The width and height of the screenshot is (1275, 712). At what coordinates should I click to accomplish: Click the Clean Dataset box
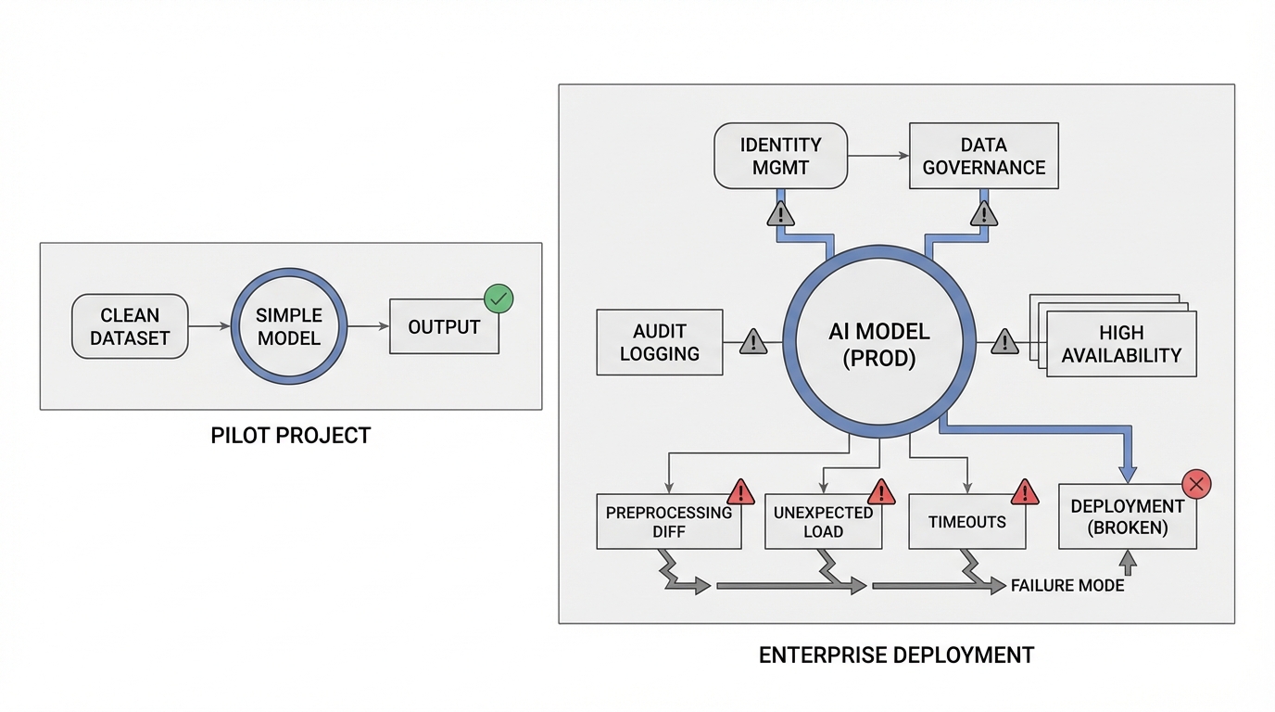click(x=130, y=327)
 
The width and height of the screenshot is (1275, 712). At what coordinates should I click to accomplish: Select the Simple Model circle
click(x=288, y=326)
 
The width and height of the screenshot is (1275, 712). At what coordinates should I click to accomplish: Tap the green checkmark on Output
click(x=499, y=299)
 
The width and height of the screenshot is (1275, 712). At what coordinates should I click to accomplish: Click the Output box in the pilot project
click(x=444, y=327)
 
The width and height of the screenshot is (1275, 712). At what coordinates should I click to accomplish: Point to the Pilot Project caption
click(x=291, y=435)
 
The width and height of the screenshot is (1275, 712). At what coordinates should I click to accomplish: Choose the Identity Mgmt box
click(x=780, y=156)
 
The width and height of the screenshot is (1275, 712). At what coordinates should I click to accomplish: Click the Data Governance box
click(x=983, y=156)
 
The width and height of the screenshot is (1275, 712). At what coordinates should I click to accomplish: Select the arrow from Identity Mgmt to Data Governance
click(x=878, y=156)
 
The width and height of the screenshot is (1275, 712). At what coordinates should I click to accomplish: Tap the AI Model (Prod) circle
click(x=878, y=345)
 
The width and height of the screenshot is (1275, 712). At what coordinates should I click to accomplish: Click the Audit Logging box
click(x=659, y=342)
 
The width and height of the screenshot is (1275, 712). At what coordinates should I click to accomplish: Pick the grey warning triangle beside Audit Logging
click(x=753, y=343)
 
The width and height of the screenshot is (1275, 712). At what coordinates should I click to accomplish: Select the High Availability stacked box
click(x=1121, y=344)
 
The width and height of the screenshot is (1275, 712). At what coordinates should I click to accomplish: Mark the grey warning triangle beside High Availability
click(x=1004, y=343)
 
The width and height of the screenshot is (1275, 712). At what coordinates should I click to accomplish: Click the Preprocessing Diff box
click(x=668, y=522)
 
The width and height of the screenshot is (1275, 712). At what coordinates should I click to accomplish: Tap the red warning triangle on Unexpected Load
click(x=880, y=491)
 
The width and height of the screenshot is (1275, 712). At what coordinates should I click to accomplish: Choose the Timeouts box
click(x=966, y=522)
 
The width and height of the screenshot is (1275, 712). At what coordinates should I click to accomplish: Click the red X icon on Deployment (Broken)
click(x=1196, y=483)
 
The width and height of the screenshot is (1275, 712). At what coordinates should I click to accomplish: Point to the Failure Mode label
click(x=1067, y=586)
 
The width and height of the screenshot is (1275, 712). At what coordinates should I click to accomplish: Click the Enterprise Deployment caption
click(x=896, y=655)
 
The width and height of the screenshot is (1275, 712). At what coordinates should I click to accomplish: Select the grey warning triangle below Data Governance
click(x=983, y=215)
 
